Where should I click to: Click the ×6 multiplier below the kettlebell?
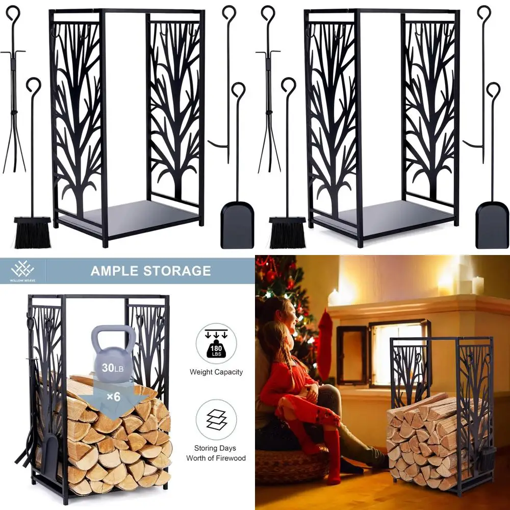[x=113, y=396]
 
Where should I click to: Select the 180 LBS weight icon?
[x=216, y=343]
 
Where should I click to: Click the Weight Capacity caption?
[x=216, y=372]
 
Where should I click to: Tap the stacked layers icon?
[x=216, y=420]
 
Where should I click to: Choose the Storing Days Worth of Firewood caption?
[x=216, y=453]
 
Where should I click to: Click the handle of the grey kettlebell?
[x=114, y=337]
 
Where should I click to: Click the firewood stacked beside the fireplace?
[x=421, y=439]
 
